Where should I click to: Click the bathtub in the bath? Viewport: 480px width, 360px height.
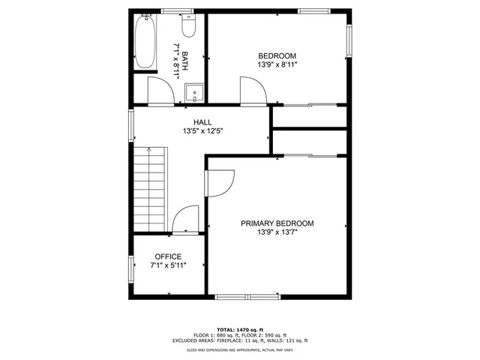point(145,40)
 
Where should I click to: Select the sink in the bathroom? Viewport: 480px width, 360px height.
point(194,94)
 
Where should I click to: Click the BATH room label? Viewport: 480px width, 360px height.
point(184,56)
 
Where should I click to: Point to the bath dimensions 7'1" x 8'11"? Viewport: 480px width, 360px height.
point(176,56)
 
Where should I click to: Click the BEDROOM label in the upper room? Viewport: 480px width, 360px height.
point(277,56)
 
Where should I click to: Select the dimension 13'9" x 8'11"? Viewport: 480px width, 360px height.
point(277,65)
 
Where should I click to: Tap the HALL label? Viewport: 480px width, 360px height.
point(202,122)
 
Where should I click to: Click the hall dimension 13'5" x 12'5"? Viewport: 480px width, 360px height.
point(202,131)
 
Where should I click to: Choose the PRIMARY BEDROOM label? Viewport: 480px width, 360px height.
point(277,223)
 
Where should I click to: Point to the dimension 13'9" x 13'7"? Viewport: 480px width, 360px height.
point(277,232)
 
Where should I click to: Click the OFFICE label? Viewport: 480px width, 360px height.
point(168,256)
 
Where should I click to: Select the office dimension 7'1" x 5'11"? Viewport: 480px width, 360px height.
point(168,265)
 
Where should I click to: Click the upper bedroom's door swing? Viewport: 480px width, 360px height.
point(253,91)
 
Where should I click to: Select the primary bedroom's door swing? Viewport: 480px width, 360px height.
point(222,181)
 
